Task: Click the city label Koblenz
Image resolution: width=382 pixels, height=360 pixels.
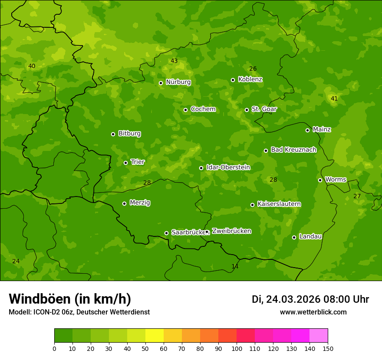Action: pos(250,79)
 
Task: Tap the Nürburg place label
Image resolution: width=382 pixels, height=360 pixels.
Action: pos(178,82)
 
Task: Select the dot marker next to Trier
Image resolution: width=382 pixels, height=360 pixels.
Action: pos(126,163)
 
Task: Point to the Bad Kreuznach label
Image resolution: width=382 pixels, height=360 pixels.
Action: pos(293,150)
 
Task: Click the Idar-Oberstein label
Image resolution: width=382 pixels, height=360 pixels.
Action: pos(228,167)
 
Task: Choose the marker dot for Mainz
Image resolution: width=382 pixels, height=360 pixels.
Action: pos(307,130)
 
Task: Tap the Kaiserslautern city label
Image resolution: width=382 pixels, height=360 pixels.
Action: pos(279,204)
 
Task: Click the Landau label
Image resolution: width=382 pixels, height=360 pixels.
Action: pos(310,236)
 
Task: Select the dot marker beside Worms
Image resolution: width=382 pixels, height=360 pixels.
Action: pos(320,180)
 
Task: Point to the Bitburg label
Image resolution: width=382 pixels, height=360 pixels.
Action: pos(129,134)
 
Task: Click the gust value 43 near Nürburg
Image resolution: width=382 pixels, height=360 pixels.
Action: pos(174,61)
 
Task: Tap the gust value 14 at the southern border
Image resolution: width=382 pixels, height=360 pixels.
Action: pos(235,266)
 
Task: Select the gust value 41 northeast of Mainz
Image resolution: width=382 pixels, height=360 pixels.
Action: pos(334,98)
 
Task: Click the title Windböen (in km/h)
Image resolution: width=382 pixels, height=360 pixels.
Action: pos(70,299)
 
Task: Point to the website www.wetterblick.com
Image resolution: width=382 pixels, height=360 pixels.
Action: pos(313,312)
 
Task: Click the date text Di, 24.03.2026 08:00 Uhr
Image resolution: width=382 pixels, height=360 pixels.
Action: pos(310,299)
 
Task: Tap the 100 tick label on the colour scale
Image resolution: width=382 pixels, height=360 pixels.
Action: pos(237,348)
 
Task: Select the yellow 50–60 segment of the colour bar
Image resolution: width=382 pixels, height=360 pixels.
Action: pos(155,335)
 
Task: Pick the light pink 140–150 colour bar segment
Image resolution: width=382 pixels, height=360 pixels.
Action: pos(319,335)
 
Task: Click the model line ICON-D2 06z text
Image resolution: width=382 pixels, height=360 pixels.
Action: pos(79,312)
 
